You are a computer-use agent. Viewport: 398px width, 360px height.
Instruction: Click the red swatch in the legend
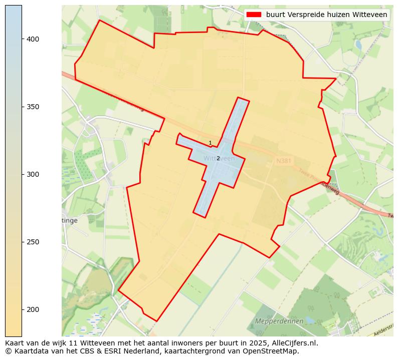click(x=255, y=15)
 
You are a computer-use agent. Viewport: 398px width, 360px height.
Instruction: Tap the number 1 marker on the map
click(x=210, y=143)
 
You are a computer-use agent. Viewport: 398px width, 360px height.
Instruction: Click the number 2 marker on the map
click(x=218, y=158)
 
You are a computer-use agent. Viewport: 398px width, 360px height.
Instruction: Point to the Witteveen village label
click(x=219, y=159)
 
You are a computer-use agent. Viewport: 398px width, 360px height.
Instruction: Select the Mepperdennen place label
click(x=279, y=321)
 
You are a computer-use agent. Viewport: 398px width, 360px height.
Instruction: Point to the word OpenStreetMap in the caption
click(x=273, y=351)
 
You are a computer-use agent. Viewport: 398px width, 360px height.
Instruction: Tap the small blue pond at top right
click(x=358, y=45)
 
